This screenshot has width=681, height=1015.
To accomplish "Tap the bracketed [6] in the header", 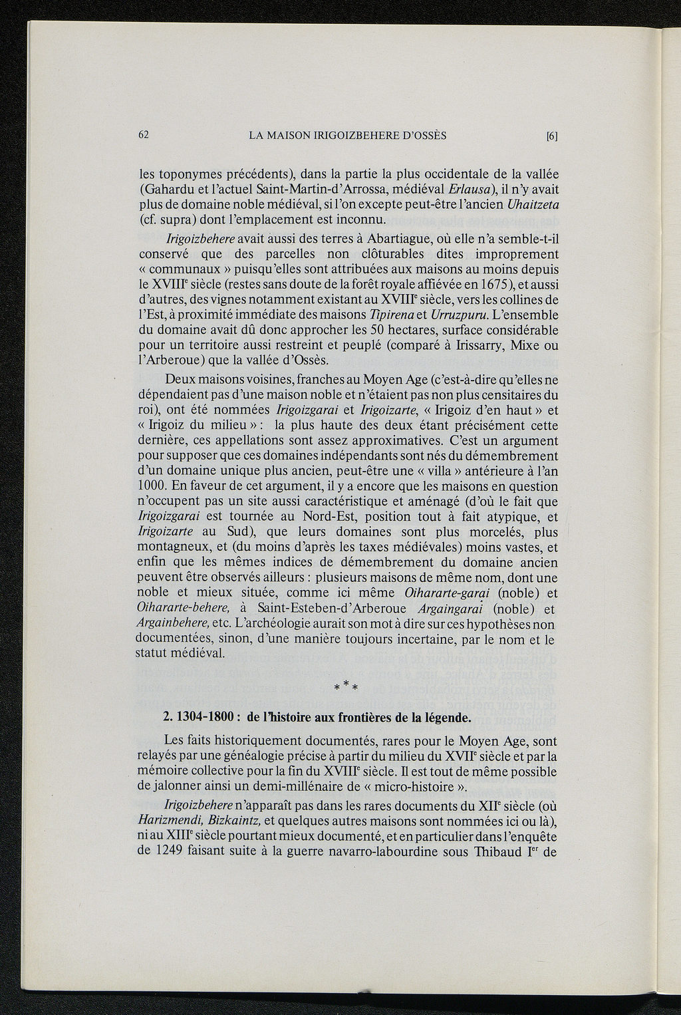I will (551, 136).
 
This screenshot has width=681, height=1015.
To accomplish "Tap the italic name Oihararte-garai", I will (446, 593).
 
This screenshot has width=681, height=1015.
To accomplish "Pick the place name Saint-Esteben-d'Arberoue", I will (328, 609).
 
